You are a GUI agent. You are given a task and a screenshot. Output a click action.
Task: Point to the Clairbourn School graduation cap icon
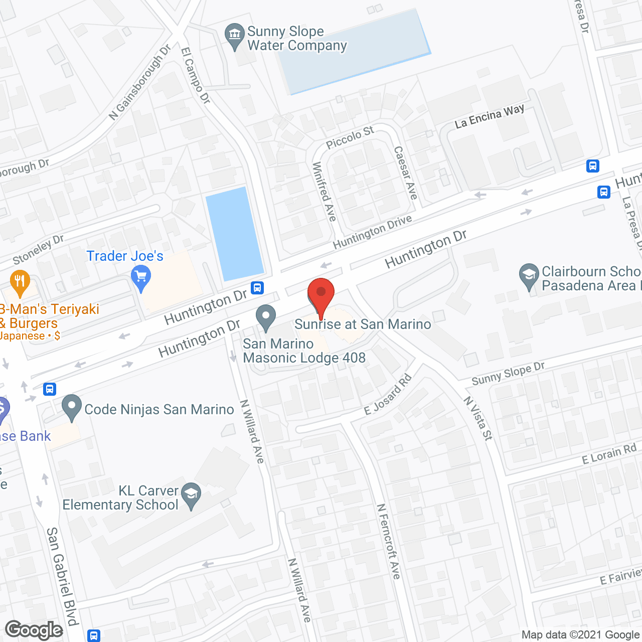click(x=529, y=276)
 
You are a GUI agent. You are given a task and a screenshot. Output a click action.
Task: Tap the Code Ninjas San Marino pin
click(x=72, y=407)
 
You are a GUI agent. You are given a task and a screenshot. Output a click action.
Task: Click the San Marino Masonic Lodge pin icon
click(x=266, y=318)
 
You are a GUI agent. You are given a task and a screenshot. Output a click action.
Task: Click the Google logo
click(x=34, y=630)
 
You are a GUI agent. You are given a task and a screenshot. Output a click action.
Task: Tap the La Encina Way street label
click(x=490, y=116)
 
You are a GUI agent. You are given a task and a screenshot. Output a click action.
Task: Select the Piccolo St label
click(x=350, y=137)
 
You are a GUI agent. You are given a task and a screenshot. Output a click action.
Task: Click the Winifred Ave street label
click(x=324, y=192)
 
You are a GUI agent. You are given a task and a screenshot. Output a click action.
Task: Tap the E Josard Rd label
click(x=388, y=395)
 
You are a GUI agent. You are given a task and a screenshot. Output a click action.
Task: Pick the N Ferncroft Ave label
click(x=389, y=542)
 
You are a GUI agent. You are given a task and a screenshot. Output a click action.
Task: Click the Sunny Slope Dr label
click(x=508, y=374)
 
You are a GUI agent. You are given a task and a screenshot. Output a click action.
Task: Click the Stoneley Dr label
click(x=38, y=249)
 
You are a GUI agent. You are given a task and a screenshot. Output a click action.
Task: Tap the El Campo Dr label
click(x=195, y=75)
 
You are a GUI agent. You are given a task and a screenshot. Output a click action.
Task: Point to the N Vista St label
click(x=478, y=418)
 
